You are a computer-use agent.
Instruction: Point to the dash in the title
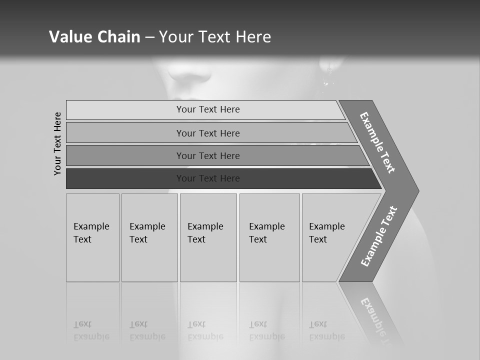149,37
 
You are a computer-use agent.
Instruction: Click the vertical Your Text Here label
57,143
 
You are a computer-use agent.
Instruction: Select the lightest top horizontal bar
205,110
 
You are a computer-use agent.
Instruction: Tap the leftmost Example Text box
92,237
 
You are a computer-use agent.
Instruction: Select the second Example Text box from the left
149,237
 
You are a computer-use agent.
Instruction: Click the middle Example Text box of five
208,237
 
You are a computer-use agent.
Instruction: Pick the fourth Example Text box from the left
269,237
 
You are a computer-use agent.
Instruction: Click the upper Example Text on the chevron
378,142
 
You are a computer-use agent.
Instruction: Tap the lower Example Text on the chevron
379,236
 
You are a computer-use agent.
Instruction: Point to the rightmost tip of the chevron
418,191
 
